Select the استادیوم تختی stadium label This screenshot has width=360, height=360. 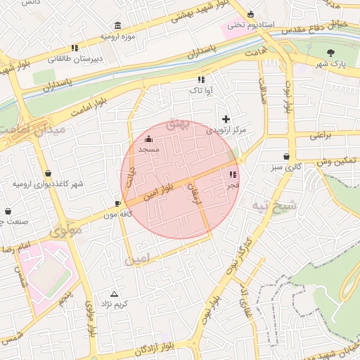[245, 24]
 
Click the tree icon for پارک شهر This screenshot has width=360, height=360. [331, 53]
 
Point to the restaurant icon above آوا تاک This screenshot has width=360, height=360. [201, 80]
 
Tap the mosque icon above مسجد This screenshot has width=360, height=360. [148, 139]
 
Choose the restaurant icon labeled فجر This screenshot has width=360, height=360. [233, 174]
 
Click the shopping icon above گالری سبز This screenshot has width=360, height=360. [286, 157]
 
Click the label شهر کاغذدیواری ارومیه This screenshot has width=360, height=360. [48, 184]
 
